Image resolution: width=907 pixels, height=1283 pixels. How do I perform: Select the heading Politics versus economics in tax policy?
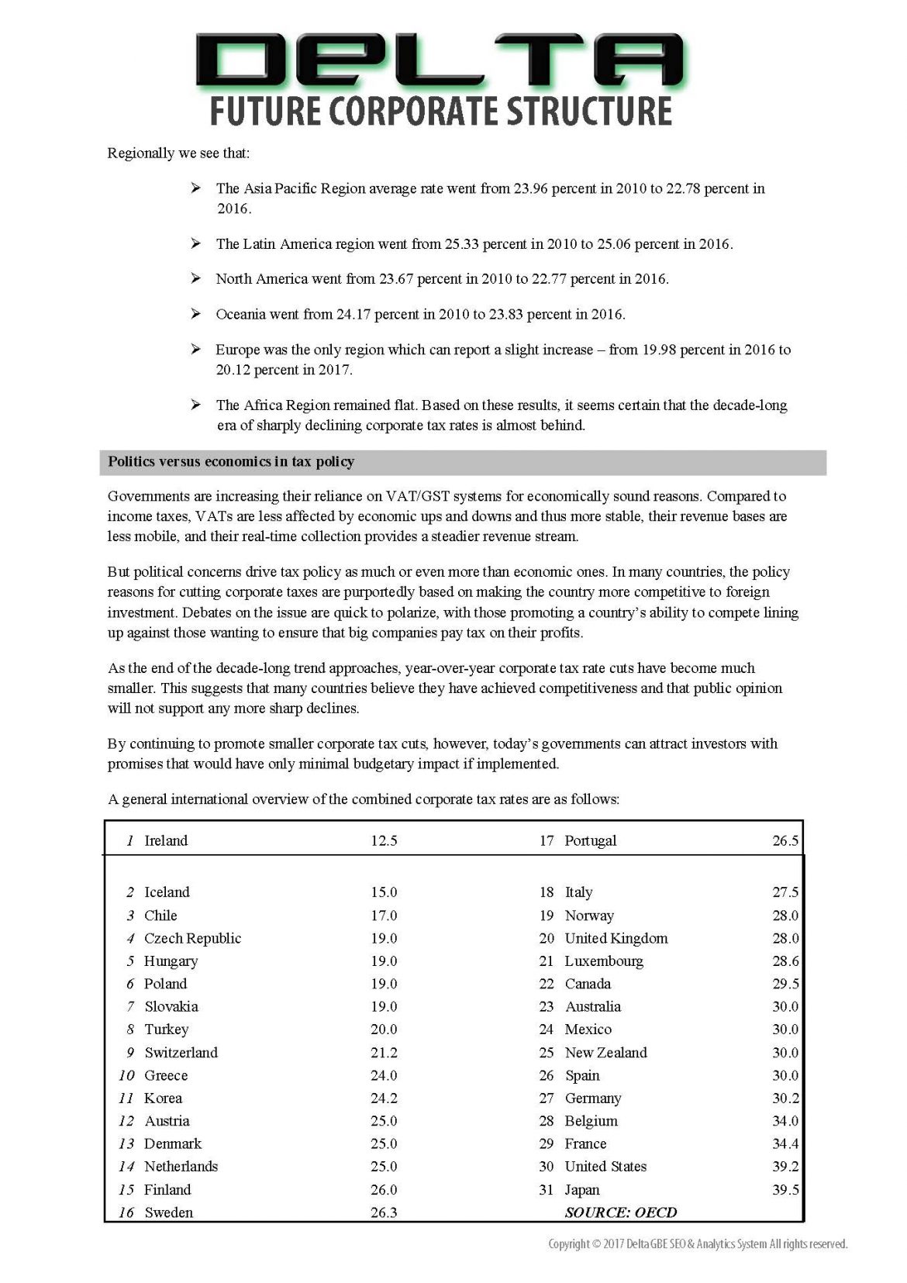(231, 462)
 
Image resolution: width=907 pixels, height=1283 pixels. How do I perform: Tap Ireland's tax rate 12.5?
(384, 841)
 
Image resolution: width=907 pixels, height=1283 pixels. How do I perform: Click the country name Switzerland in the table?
(181, 1053)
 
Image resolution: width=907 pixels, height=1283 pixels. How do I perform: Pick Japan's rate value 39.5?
(785, 1190)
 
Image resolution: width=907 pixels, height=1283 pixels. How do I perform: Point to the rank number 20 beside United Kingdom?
(547, 939)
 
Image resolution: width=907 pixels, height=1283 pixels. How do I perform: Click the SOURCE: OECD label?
(620, 1212)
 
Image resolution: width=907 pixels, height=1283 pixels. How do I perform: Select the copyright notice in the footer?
(698, 1243)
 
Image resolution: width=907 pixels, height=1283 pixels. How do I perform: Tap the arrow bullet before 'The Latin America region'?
(196, 243)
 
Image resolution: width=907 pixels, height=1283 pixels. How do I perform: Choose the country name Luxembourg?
(604, 961)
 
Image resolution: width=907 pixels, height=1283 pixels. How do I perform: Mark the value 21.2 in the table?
(384, 1053)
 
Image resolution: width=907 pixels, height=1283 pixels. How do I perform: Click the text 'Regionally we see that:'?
(178, 153)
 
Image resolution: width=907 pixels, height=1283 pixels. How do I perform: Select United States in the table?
(605, 1167)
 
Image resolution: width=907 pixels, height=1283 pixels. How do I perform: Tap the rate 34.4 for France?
(785, 1144)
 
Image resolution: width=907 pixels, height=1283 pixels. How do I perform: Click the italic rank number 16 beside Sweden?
(126, 1212)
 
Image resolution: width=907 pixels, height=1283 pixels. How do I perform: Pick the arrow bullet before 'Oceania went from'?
(196, 314)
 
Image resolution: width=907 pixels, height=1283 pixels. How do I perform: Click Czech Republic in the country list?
(192, 939)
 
